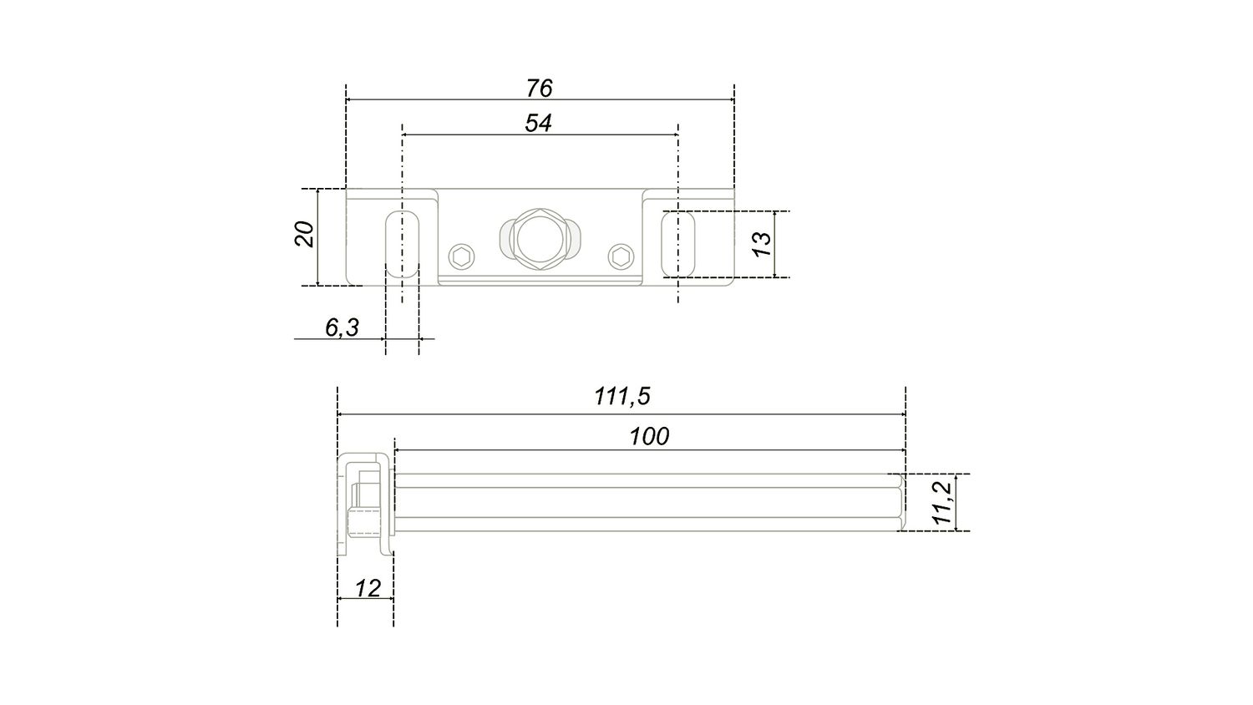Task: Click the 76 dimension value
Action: coord(540,89)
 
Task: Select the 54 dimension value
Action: coord(538,123)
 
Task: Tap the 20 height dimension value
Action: coord(305,235)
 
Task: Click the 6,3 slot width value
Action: coord(342,327)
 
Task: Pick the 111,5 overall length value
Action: coord(622,397)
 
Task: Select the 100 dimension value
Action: coord(649,436)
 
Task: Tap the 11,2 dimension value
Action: coord(943,503)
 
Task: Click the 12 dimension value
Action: coord(368,588)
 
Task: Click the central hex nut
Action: coord(540,240)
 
